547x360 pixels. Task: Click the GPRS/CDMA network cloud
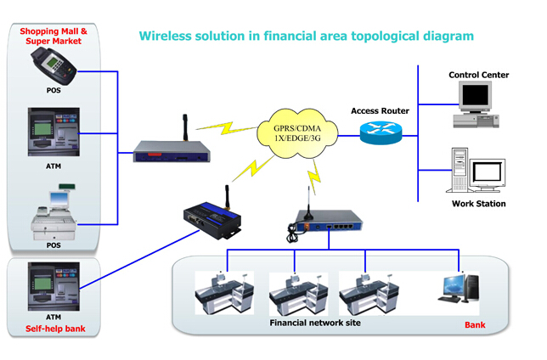click(297, 132)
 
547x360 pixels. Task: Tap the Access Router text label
click(380, 111)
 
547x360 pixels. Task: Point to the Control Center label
click(478, 75)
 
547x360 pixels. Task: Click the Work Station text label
click(478, 204)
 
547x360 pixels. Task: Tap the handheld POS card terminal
click(53, 64)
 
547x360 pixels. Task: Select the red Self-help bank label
click(53, 329)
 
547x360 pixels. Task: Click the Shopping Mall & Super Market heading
click(53, 37)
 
